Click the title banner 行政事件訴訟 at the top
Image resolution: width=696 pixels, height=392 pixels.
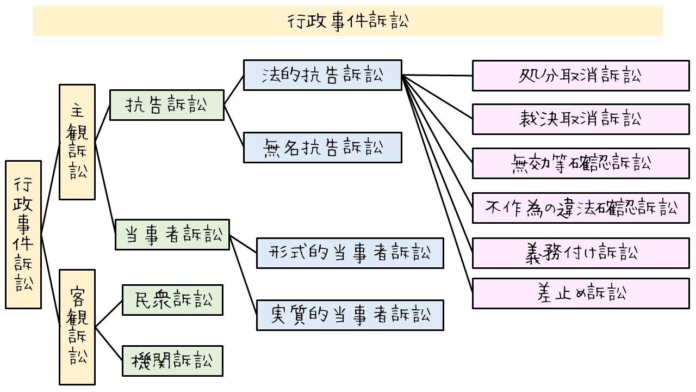pos(348,21)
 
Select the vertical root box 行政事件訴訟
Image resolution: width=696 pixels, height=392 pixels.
pos(23,235)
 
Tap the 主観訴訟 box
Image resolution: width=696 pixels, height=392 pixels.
pos(77,142)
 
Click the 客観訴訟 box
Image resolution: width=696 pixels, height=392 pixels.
pos(77,327)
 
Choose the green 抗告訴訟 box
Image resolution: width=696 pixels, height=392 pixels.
pos(167,105)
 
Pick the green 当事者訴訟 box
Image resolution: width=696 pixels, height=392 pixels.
pos(172,235)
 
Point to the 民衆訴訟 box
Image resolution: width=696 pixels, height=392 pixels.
pos(172,299)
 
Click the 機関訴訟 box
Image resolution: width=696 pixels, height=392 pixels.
pos(172,360)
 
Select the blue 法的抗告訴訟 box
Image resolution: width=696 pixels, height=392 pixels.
pos(322,75)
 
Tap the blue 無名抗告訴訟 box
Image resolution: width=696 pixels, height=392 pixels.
pos(322,148)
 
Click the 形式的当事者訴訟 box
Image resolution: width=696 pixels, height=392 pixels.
pos(350,253)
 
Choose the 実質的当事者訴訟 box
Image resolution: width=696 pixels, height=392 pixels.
pos(350,315)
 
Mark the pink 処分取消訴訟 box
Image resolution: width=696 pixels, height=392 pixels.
pos(581,76)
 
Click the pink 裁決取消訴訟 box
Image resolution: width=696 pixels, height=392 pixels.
pos(581,119)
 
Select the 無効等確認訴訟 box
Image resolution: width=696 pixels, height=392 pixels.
pos(581,163)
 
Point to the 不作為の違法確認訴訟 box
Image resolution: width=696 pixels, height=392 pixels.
pos(581,207)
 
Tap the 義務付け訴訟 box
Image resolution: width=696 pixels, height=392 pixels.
pos(581,253)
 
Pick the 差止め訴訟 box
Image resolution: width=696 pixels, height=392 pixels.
pos(581,293)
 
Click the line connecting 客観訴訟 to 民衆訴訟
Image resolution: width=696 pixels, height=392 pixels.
pos(109,314)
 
